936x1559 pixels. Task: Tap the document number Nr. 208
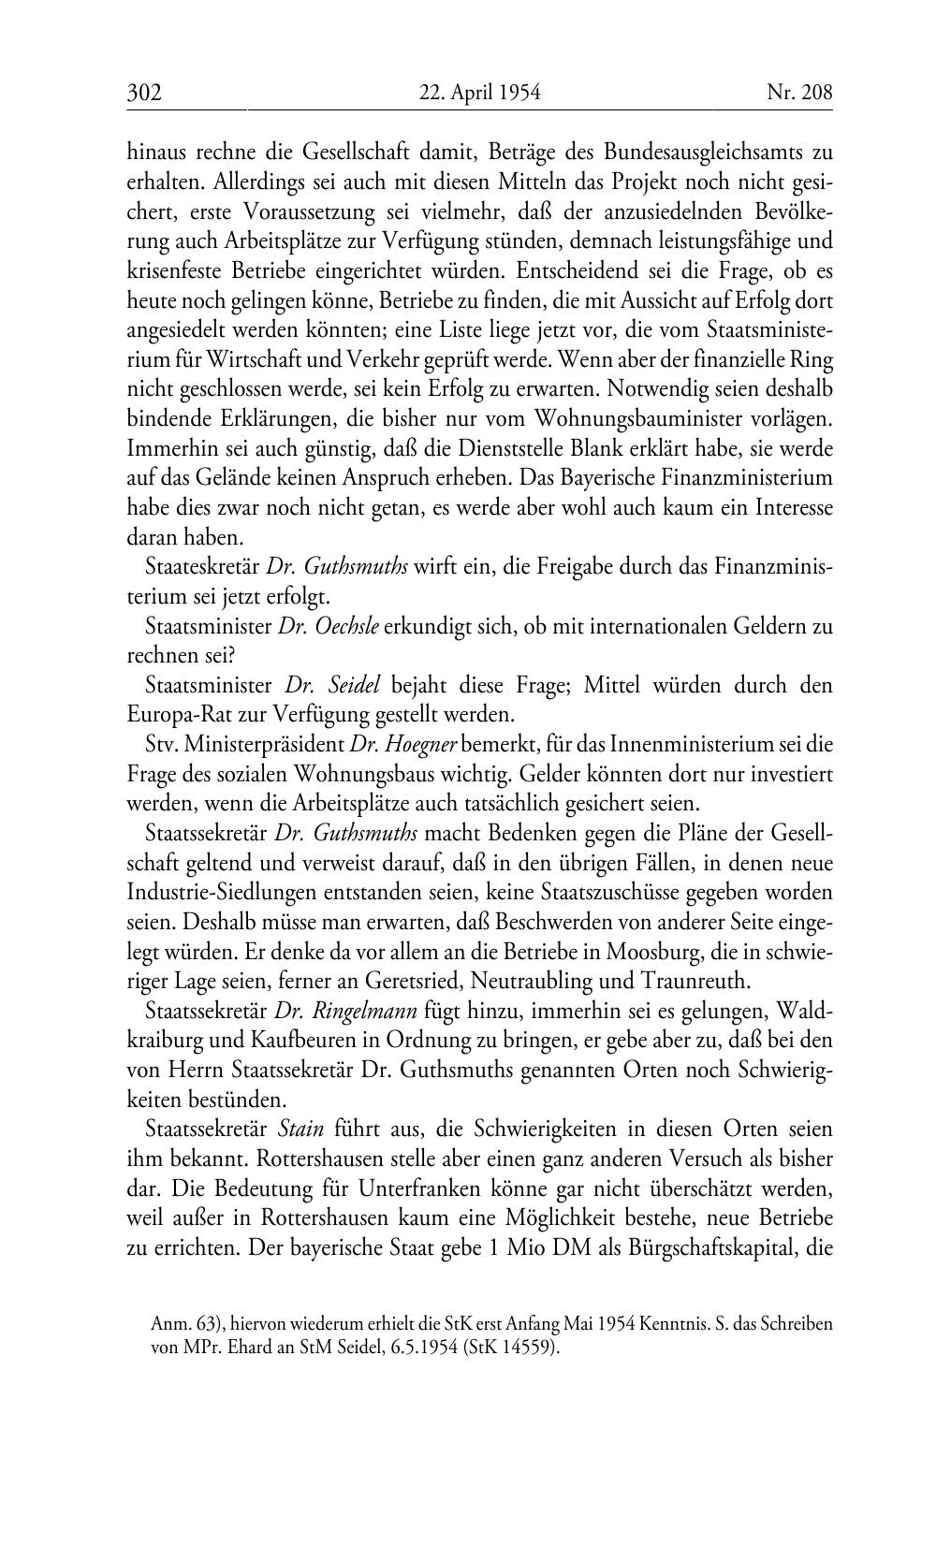(799, 93)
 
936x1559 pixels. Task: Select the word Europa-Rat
(173, 715)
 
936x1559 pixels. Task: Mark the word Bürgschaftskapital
(709, 1248)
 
